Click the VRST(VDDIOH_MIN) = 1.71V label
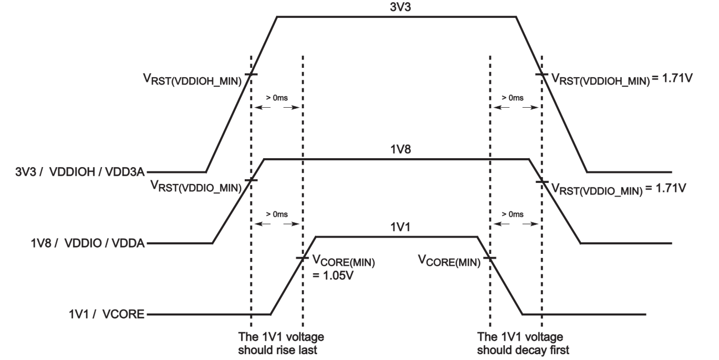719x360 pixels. coord(617,80)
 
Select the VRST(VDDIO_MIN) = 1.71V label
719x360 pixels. coord(617,188)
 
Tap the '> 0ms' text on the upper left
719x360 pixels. coord(277,98)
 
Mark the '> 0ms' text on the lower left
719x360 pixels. coord(277,214)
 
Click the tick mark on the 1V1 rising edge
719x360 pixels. coord(303,258)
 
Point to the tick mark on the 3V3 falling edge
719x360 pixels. coord(541,75)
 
